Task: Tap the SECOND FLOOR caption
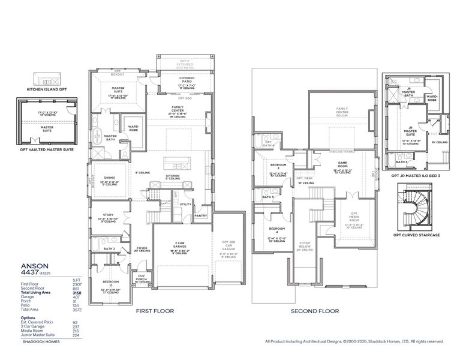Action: tap(315, 311)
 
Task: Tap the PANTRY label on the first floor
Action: tap(200, 216)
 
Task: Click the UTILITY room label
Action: tap(185, 204)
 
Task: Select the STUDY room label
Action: tap(108, 214)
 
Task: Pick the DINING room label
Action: tap(109, 177)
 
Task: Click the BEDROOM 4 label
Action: tap(276, 229)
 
